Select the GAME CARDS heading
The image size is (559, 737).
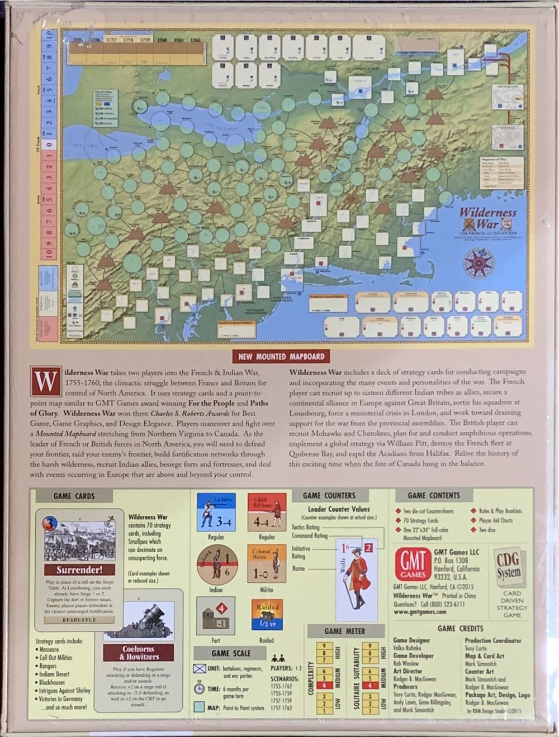(x=74, y=496)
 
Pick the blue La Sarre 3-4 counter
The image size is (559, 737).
(x=216, y=513)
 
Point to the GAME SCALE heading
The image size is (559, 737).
(x=230, y=653)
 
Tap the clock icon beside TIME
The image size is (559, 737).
(x=199, y=689)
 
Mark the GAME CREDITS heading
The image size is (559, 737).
(x=460, y=628)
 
